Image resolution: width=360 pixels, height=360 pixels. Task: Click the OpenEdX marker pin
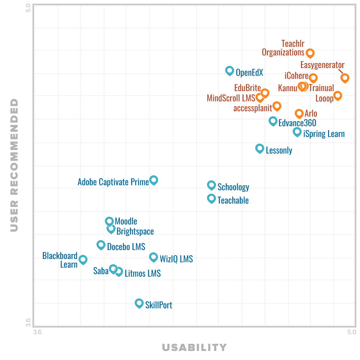(229, 71)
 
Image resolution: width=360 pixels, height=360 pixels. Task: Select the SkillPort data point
(139, 303)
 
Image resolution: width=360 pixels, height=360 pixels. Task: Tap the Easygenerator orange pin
(345, 77)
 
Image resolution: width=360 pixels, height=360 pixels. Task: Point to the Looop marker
(337, 95)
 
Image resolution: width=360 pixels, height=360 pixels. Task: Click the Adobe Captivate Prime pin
(154, 180)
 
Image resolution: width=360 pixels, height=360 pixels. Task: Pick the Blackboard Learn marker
(83, 259)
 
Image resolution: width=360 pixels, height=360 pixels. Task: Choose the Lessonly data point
(260, 148)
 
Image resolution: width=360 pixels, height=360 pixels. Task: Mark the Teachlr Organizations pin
(310, 53)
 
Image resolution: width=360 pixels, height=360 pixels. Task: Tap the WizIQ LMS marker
(154, 257)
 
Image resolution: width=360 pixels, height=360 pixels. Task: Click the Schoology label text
(233, 187)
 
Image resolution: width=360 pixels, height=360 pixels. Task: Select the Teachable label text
(233, 200)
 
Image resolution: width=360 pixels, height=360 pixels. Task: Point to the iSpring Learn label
(324, 134)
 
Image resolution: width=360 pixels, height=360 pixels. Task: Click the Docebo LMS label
(126, 247)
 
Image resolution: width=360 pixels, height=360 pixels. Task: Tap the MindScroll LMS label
(231, 98)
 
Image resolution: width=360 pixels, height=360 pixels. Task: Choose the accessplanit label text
(252, 108)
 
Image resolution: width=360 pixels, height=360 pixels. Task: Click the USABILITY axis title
(194, 347)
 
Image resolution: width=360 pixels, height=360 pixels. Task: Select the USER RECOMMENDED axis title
(14, 165)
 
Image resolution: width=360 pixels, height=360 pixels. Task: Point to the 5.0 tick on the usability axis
(352, 332)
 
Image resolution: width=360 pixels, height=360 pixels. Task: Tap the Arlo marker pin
(299, 113)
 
